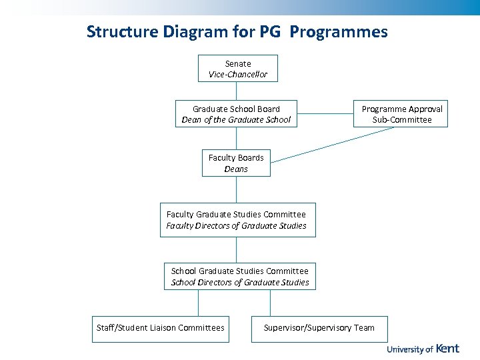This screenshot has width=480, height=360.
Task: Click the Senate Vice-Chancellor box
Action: (x=237, y=69)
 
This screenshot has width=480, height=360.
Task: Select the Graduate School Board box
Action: (x=236, y=114)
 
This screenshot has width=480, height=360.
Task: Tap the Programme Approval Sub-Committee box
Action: (x=401, y=114)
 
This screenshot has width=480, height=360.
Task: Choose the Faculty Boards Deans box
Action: (x=236, y=163)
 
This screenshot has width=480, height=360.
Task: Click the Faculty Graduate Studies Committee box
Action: (x=237, y=220)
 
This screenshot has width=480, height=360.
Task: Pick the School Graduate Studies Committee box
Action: (x=240, y=277)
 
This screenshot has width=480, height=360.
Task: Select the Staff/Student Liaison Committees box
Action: (x=160, y=328)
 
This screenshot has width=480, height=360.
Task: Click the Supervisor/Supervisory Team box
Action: (x=319, y=328)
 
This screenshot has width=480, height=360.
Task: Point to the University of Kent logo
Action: (x=423, y=349)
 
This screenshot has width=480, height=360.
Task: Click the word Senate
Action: (x=238, y=63)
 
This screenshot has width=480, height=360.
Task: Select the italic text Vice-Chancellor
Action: (x=238, y=75)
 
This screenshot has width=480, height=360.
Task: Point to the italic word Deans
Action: (x=236, y=169)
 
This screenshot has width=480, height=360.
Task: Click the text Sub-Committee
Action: (x=402, y=120)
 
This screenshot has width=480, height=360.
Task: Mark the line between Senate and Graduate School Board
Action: (x=237, y=91)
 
